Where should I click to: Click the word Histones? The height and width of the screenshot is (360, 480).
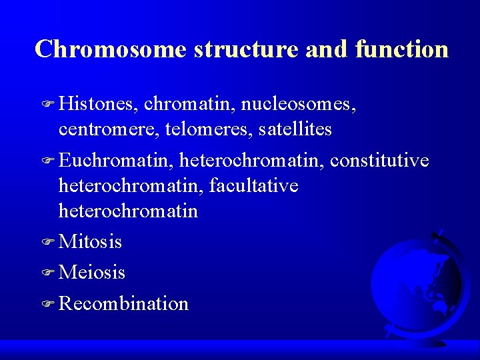(x=98, y=103)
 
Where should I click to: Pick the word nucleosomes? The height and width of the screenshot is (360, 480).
(x=298, y=103)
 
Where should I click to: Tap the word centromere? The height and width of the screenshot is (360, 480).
(x=106, y=129)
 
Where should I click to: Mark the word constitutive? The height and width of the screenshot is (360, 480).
(x=379, y=160)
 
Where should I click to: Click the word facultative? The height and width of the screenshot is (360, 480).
(x=253, y=186)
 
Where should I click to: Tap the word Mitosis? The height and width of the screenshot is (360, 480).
(x=90, y=241)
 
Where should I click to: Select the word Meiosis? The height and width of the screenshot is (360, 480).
(x=92, y=272)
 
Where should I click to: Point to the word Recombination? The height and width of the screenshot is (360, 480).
(x=123, y=303)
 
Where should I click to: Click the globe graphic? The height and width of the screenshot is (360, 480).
(x=417, y=283)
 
